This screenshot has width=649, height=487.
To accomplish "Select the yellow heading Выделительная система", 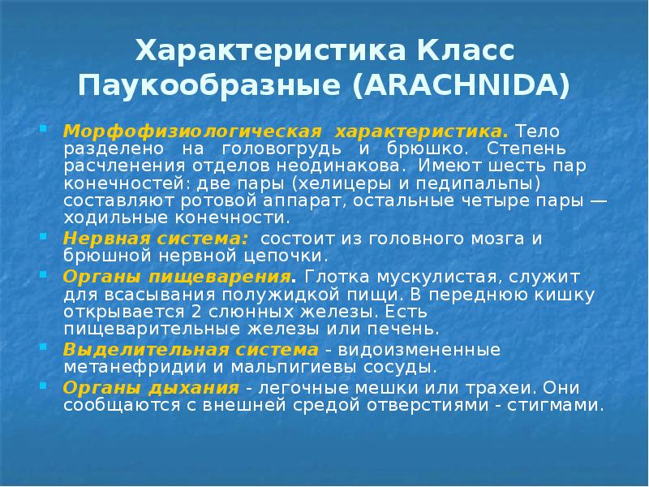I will [x=190, y=349].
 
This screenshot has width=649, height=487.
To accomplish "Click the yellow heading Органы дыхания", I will [x=153, y=387].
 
